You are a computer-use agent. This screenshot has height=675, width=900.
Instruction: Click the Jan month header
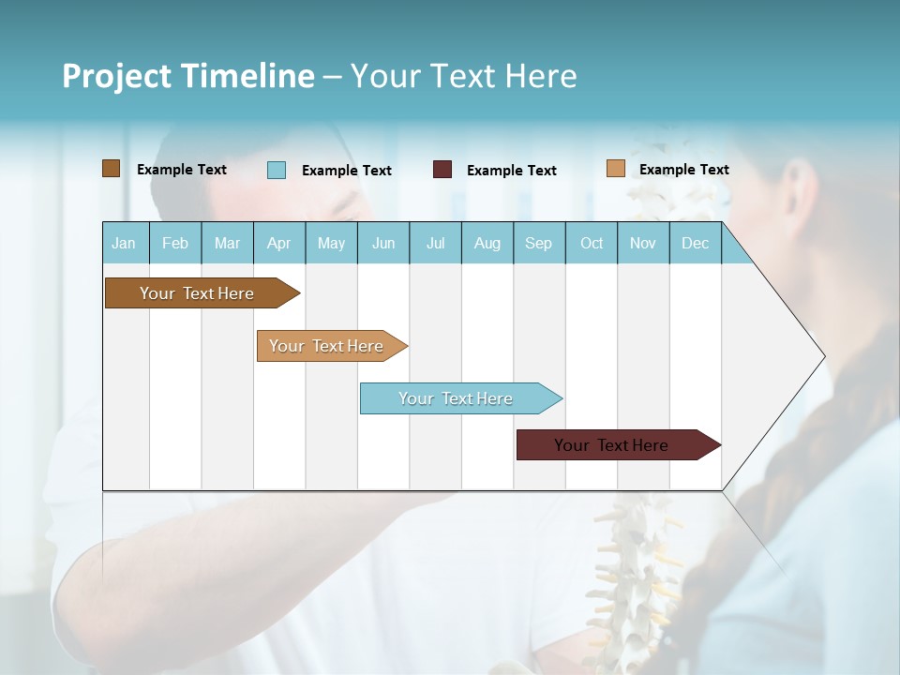125,243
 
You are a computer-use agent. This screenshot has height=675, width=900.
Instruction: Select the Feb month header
175,243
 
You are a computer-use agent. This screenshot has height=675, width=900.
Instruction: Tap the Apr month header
279,243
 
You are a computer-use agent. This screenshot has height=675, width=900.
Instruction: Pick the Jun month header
383,243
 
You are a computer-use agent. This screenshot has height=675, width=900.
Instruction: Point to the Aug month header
487,243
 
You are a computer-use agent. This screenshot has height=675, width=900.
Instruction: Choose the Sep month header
539,243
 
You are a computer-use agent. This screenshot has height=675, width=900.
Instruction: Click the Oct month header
592,243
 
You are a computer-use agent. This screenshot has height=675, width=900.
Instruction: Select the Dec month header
696,243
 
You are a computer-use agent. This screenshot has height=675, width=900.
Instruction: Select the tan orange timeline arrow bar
328,346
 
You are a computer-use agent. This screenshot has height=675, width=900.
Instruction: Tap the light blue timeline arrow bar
457,398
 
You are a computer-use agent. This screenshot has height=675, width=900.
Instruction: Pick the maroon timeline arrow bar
614,445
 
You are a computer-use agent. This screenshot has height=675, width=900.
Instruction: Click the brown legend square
112,169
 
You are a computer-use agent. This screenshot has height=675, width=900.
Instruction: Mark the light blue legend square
277,170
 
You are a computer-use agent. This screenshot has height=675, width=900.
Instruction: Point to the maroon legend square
442,170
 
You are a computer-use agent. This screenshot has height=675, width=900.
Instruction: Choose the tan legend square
616,169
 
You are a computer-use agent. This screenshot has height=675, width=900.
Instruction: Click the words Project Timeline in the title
188,76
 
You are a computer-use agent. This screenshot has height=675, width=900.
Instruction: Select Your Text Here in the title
464,76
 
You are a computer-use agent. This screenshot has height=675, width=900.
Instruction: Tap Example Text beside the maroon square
512,171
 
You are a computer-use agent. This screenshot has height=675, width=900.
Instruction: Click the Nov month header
643,243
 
